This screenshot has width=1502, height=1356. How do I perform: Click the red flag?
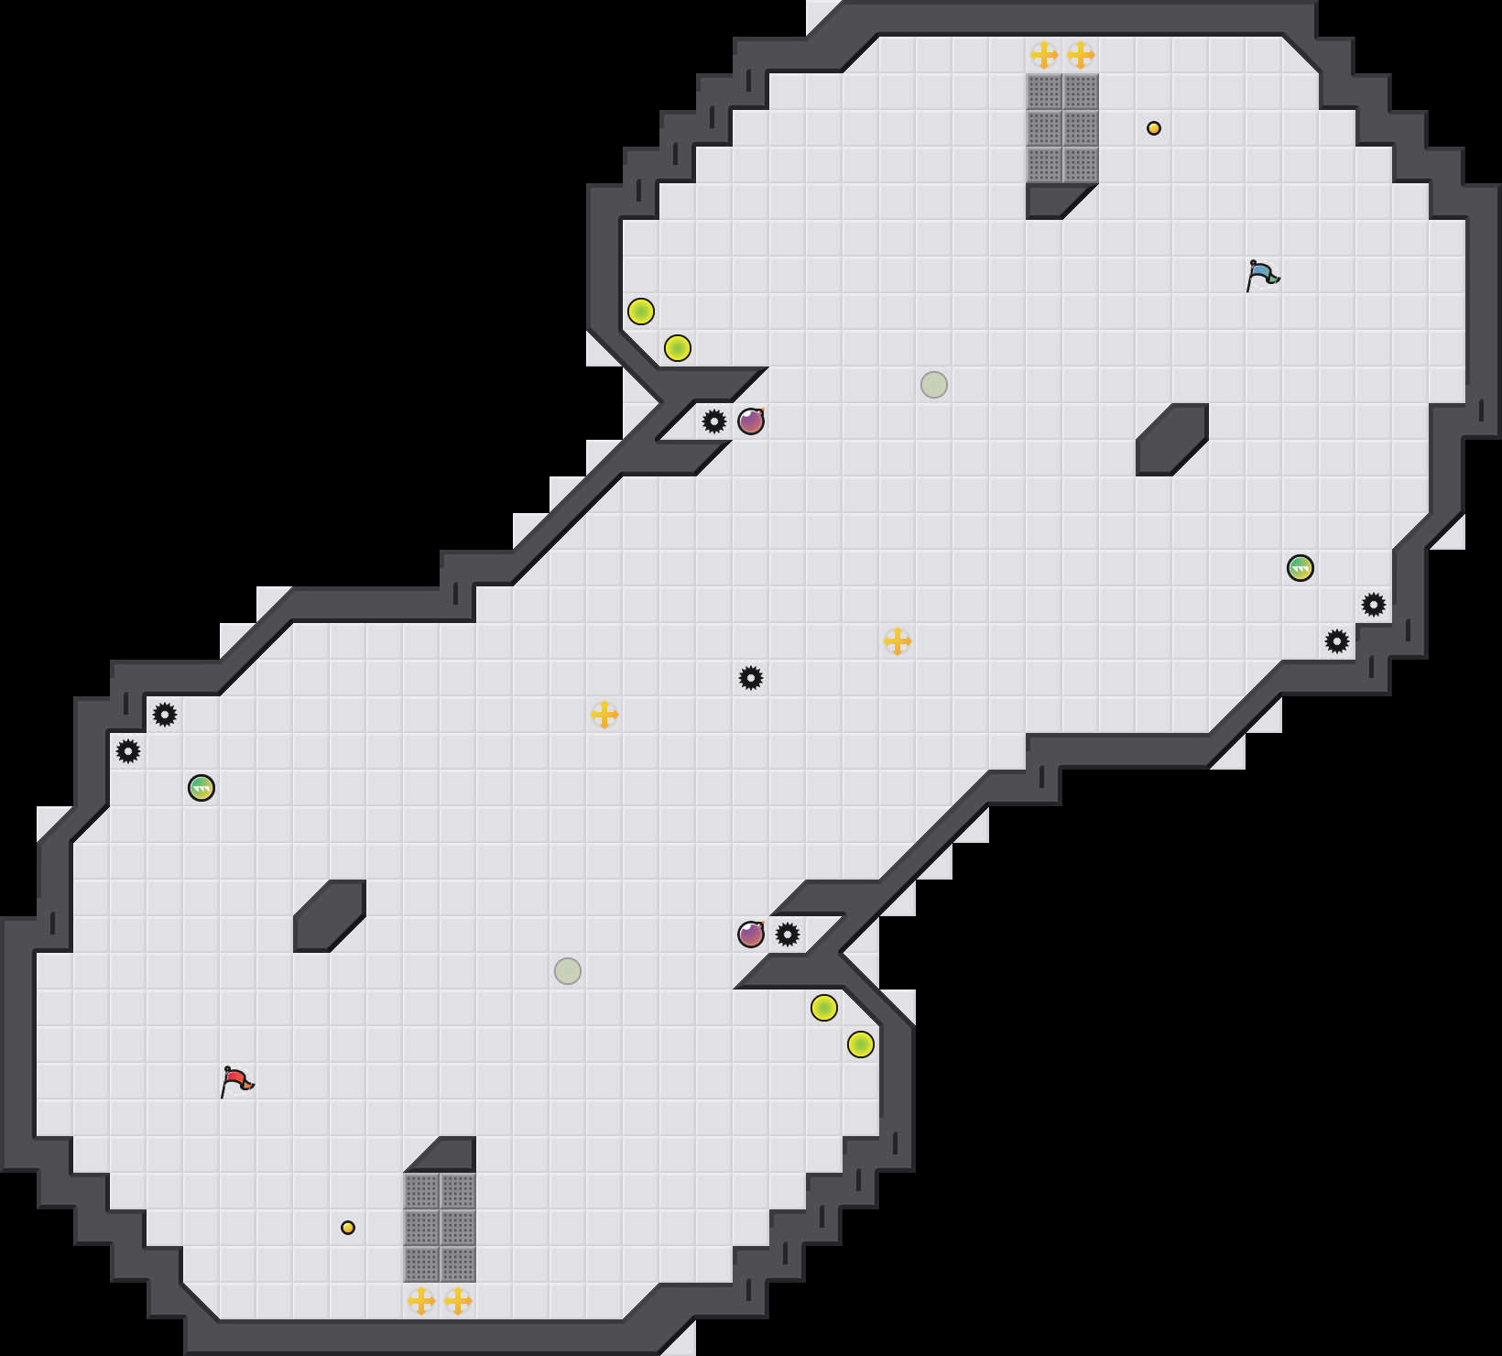(236, 1081)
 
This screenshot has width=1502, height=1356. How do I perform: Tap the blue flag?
(1262, 275)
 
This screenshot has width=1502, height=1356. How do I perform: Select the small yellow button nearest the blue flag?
(1154, 128)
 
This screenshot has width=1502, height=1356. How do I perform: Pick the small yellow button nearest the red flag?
(348, 1228)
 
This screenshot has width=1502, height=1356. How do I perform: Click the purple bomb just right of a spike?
(751, 421)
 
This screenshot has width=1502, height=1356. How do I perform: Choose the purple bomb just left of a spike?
(751, 935)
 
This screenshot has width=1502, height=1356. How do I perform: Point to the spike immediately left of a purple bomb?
(714, 421)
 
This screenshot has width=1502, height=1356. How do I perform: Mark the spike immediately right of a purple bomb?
(788, 935)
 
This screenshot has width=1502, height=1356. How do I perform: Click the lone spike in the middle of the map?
(751, 678)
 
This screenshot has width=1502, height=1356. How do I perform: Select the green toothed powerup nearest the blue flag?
(1301, 568)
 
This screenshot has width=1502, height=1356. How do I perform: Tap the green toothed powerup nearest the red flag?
(201, 788)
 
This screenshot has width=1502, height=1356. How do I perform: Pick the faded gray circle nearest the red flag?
(568, 971)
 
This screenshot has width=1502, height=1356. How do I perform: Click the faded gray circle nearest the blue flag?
(934, 385)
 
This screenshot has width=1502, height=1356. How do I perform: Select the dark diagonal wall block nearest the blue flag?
(1172, 440)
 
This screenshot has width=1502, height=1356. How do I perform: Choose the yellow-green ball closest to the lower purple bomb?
(824, 1008)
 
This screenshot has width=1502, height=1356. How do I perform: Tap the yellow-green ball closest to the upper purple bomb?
(678, 348)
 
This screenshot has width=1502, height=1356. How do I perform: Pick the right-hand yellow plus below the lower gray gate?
(458, 1301)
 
